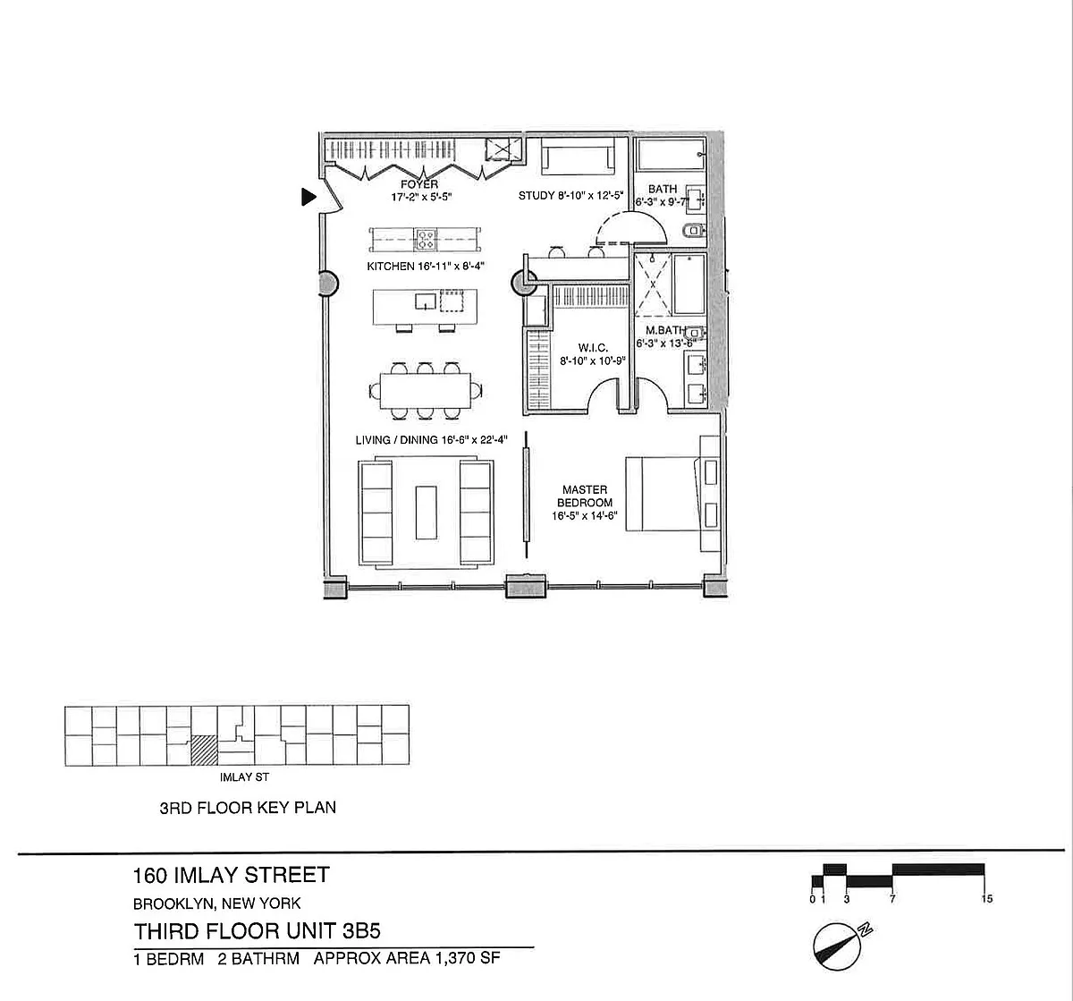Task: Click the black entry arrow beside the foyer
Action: tap(308, 197)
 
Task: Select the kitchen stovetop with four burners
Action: tap(426, 240)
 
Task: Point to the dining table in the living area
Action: tap(426, 390)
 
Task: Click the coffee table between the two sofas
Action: tap(426, 511)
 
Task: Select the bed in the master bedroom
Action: tap(662, 494)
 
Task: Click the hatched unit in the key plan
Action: tap(205, 750)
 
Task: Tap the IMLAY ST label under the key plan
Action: tap(238, 777)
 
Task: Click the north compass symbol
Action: tap(839, 943)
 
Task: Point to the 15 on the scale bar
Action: tap(986, 898)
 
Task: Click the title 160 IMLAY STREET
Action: tap(232, 875)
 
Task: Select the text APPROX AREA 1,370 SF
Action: tap(406, 959)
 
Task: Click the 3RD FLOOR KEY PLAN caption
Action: tap(248, 807)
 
